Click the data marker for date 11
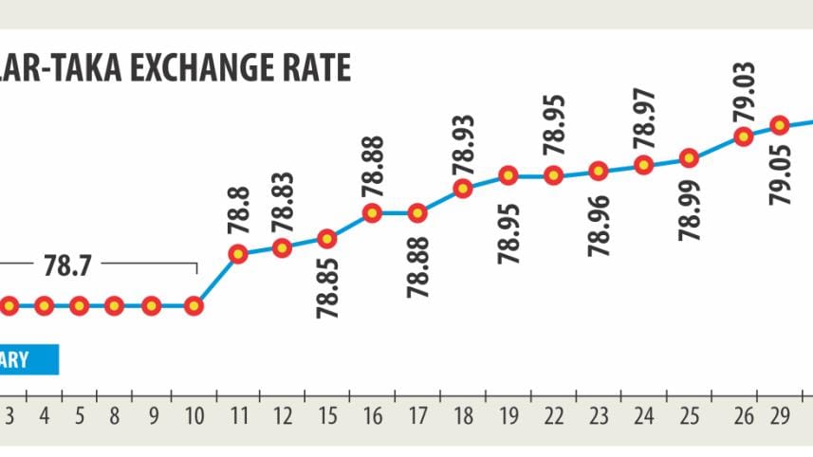[x=237, y=253]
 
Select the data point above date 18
[x=463, y=188]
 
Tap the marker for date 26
[x=744, y=137]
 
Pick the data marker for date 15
[x=326, y=238]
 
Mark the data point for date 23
[x=599, y=171]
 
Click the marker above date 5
[x=79, y=306]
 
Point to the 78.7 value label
[x=62, y=266]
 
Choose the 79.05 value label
[x=780, y=173]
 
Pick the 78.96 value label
[x=599, y=224]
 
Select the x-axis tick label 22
[x=554, y=415]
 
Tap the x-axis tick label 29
[x=780, y=415]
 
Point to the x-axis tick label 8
[x=114, y=415]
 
